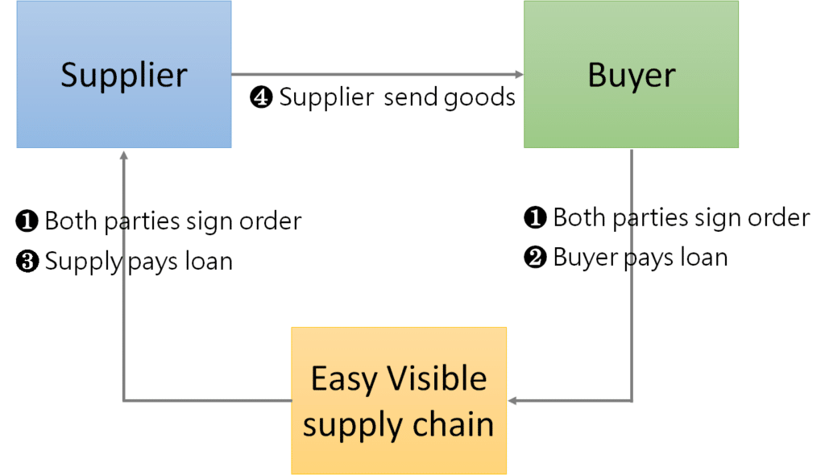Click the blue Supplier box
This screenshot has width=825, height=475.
tap(123, 74)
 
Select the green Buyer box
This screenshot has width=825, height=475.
tap(631, 74)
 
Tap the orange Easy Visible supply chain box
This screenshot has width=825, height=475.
tap(399, 400)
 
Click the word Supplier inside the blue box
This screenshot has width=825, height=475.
tap(123, 75)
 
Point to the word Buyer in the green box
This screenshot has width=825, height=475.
tap(631, 75)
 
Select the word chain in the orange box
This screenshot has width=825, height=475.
tap(454, 424)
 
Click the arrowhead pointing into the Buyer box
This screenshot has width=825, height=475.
tap(519, 75)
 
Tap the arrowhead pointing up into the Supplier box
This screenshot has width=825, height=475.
tap(123, 154)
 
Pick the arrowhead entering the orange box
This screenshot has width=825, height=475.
tap(512, 400)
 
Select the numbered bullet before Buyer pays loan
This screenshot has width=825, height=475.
tap(535, 258)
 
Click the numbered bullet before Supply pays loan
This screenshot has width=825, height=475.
tap(27, 262)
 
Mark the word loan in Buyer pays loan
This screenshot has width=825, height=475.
tap(703, 258)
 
